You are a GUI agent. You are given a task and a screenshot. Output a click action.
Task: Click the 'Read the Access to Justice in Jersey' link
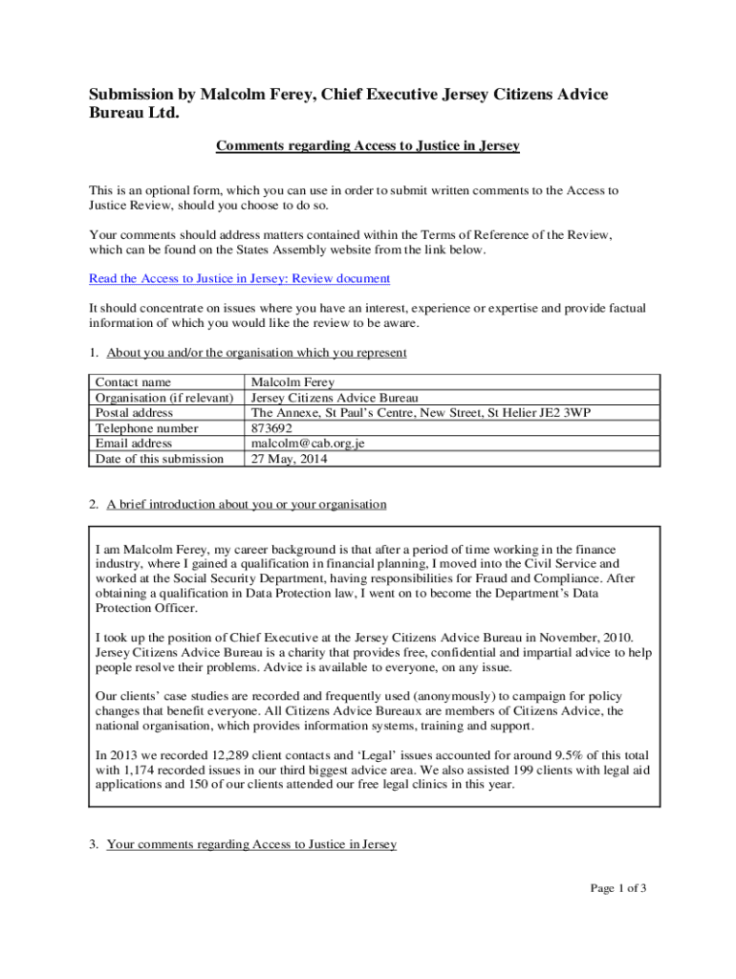[x=239, y=279]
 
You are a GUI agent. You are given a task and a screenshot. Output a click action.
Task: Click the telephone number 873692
[x=272, y=428]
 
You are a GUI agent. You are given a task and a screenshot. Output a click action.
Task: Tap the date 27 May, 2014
[x=289, y=459]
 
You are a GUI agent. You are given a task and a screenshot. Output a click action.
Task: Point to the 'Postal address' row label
[x=135, y=413]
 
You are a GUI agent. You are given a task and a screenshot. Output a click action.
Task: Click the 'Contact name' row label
[x=133, y=382]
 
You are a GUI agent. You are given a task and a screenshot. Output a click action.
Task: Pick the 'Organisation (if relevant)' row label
[x=164, y=398]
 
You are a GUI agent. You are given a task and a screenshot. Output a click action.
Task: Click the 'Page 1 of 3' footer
[x=618, y=889]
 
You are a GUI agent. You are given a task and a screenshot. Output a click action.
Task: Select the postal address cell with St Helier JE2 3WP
[x=421, y=413]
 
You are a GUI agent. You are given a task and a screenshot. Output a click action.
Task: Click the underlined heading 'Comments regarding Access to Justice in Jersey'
[x=367, y=146]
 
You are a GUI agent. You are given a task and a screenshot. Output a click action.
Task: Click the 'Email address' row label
[x=134, y=444]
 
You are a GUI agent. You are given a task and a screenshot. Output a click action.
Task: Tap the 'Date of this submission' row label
[x=159, y=459]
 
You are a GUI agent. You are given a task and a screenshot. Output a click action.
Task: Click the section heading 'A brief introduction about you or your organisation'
[x=246, y=504]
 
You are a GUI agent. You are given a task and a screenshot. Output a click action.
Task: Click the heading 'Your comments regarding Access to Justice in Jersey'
[x=251, y=844]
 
